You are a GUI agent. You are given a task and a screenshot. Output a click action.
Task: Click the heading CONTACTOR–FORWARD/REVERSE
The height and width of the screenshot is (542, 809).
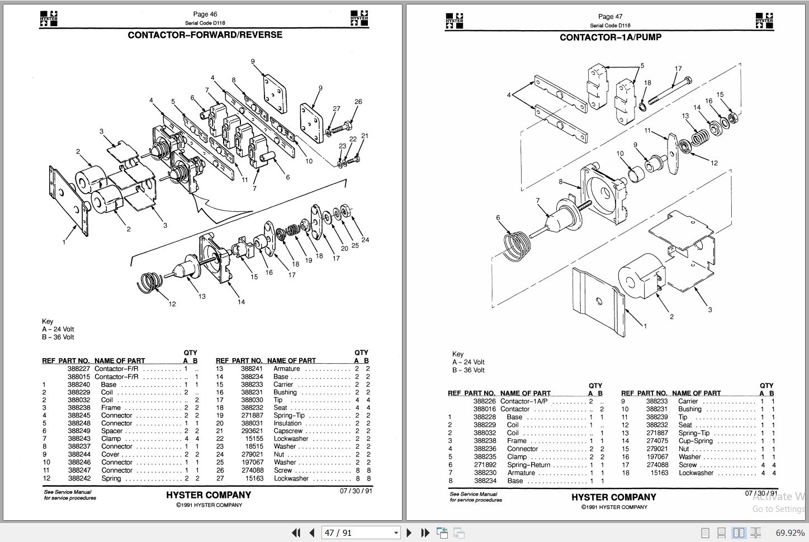[205, 35]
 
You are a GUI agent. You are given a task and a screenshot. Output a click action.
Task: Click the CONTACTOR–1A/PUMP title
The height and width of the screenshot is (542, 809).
[610, 37]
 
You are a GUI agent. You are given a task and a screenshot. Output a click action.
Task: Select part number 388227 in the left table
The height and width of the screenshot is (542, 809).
[79, 369]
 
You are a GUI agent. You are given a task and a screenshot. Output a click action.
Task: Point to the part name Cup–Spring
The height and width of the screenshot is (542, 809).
[696, 441]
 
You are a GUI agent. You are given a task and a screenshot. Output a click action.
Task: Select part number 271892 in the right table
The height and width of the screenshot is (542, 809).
[485, 465]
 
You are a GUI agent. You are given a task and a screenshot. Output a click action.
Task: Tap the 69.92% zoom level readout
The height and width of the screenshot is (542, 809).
[789, 533]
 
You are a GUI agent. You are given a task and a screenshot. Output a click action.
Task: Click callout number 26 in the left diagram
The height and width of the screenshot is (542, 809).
[358, 102]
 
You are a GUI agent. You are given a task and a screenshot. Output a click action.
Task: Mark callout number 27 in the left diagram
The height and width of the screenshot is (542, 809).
[336, 109]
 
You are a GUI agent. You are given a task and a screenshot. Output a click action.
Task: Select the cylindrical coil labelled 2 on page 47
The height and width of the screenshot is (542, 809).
[641, 278]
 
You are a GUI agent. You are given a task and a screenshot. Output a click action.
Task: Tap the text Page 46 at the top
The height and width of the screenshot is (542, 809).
[205, 15]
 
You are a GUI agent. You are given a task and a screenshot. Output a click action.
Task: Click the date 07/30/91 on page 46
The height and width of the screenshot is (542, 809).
[356, 491]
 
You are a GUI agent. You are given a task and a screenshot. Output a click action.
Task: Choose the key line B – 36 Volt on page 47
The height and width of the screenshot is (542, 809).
[468, 370]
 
